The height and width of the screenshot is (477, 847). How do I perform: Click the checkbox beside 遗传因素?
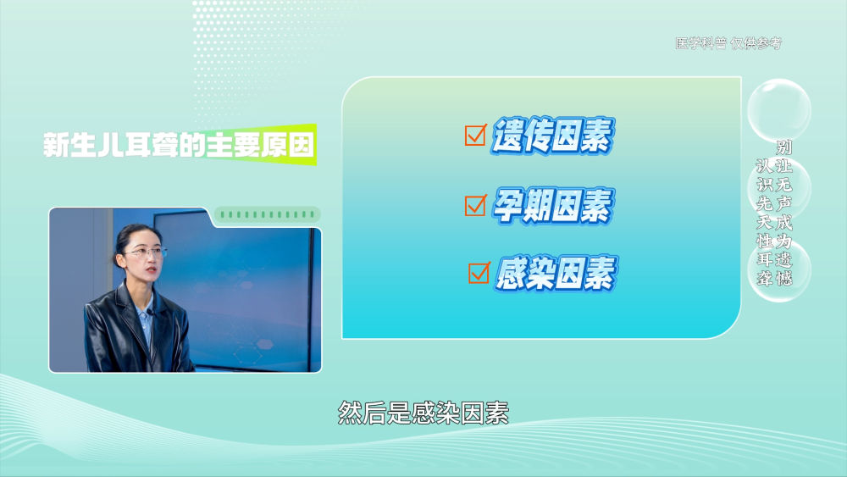coord(475,135)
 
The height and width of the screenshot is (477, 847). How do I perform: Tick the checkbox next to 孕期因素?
coord(475,205)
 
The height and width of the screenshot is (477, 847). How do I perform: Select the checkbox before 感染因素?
coord(479,273)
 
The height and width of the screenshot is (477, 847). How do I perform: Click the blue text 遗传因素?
coord(552,135)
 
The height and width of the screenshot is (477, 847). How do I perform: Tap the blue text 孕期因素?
coord(552,205)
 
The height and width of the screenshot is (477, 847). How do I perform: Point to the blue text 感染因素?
coord(556,274)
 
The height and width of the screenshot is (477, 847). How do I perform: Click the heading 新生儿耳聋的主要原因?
coord(179,145)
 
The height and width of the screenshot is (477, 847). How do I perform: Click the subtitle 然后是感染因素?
coord(423,413)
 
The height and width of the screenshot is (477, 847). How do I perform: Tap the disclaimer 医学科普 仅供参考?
coord(728,43)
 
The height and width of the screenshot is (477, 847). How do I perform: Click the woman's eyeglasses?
coord(146,252)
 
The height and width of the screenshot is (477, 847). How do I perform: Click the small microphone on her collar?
coord(149,312)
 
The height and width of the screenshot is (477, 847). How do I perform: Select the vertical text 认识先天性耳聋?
coord(764,222)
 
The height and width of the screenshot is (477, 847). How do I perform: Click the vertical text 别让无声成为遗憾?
coord(783,213)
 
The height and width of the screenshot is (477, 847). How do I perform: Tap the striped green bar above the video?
coord(268,214)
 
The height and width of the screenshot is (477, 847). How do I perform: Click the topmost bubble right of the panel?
coord(779,109)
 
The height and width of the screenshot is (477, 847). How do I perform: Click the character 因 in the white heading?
coord(301,145)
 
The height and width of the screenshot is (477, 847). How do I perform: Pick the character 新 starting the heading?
coord(56,145)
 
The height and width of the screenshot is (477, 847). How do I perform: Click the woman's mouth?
coord(151,268)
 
